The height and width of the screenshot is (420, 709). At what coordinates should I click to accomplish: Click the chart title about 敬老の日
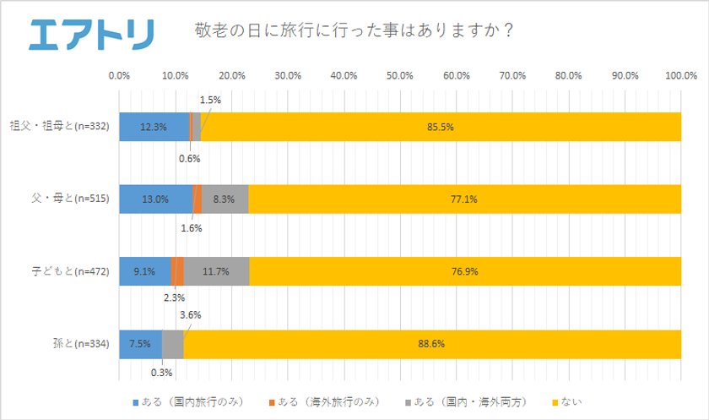tap(355, 30)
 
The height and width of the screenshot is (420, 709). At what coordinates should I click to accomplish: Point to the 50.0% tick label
tap(400, 76)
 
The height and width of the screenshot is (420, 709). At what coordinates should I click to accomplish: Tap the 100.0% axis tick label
tap(680, 76)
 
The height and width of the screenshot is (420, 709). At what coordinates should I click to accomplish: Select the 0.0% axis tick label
tap(120, 76)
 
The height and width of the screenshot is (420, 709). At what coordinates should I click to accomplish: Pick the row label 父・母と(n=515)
tap(71, 199)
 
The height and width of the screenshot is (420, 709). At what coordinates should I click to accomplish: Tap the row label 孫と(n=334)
tap(81, 344)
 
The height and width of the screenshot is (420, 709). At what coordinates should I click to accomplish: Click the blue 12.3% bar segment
tap(154, 127)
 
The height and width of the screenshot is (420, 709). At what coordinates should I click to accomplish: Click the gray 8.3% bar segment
tap(225, 199)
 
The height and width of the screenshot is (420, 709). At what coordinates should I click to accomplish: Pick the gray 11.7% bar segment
tap(216, 271)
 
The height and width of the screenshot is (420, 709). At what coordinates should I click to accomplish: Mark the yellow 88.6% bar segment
tap(432, 344)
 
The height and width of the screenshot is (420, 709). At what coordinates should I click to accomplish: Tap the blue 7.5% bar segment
tap(140, 344)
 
